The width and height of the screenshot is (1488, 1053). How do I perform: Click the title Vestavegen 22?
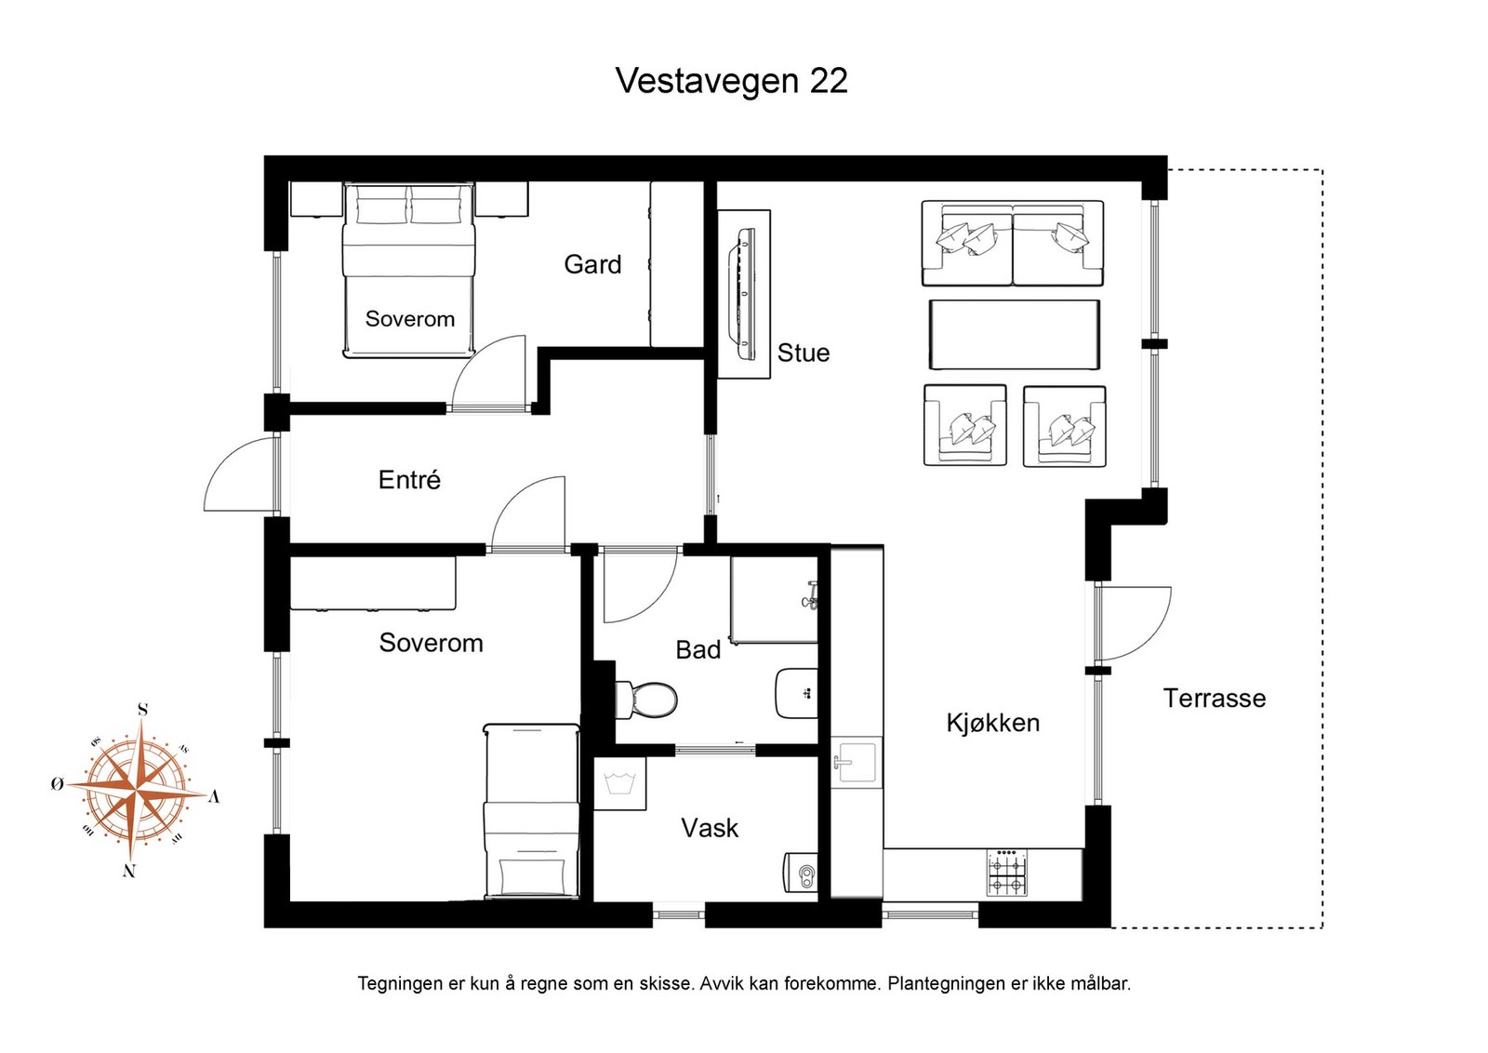[731, 81]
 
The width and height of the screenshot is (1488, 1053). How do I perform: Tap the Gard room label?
[592, 264]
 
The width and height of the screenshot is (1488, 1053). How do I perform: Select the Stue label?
[803, 353]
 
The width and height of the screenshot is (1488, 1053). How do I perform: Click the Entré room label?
[409, 480]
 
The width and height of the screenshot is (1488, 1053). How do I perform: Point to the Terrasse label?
[1214, 699]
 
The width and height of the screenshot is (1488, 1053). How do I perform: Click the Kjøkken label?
[992, 723]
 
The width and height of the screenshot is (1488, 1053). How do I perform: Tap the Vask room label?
[710, 828]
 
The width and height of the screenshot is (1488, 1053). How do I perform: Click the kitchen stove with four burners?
[1006, 873]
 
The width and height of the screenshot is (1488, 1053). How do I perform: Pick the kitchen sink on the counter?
[857, 763]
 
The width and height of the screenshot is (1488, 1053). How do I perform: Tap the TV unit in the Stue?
[744, 293]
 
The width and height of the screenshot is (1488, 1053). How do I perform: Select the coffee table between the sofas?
[1014, 334]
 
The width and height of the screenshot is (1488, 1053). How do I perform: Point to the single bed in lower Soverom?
[532, 811]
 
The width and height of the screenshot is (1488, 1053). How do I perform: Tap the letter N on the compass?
[129, 872]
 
